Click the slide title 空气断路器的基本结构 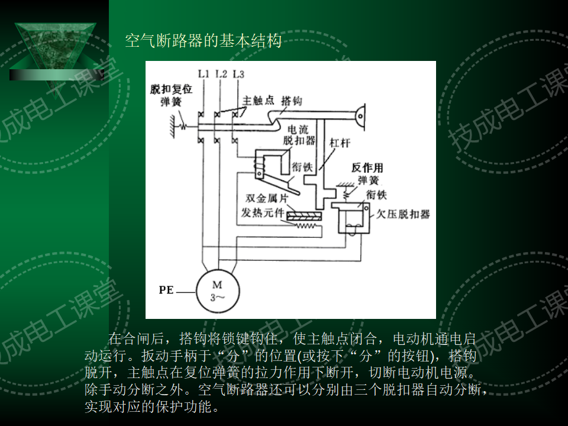pyautogui.click(x=203, y=41)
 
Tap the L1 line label pyautogui.click(x=204, y=74)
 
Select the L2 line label pyautogui.click(x=221, y=74)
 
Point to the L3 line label pyautogui.click(x=238, y=74)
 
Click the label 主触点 pyautogui.click(x=258, y=101)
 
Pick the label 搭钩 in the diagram pyautogui.click(x=292, y=101)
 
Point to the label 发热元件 pyautogui.click(x=263, y=212)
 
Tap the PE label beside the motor pyautogui.click(x=166, y=291)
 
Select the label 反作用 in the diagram pyautogui.click(x=367, y=167)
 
